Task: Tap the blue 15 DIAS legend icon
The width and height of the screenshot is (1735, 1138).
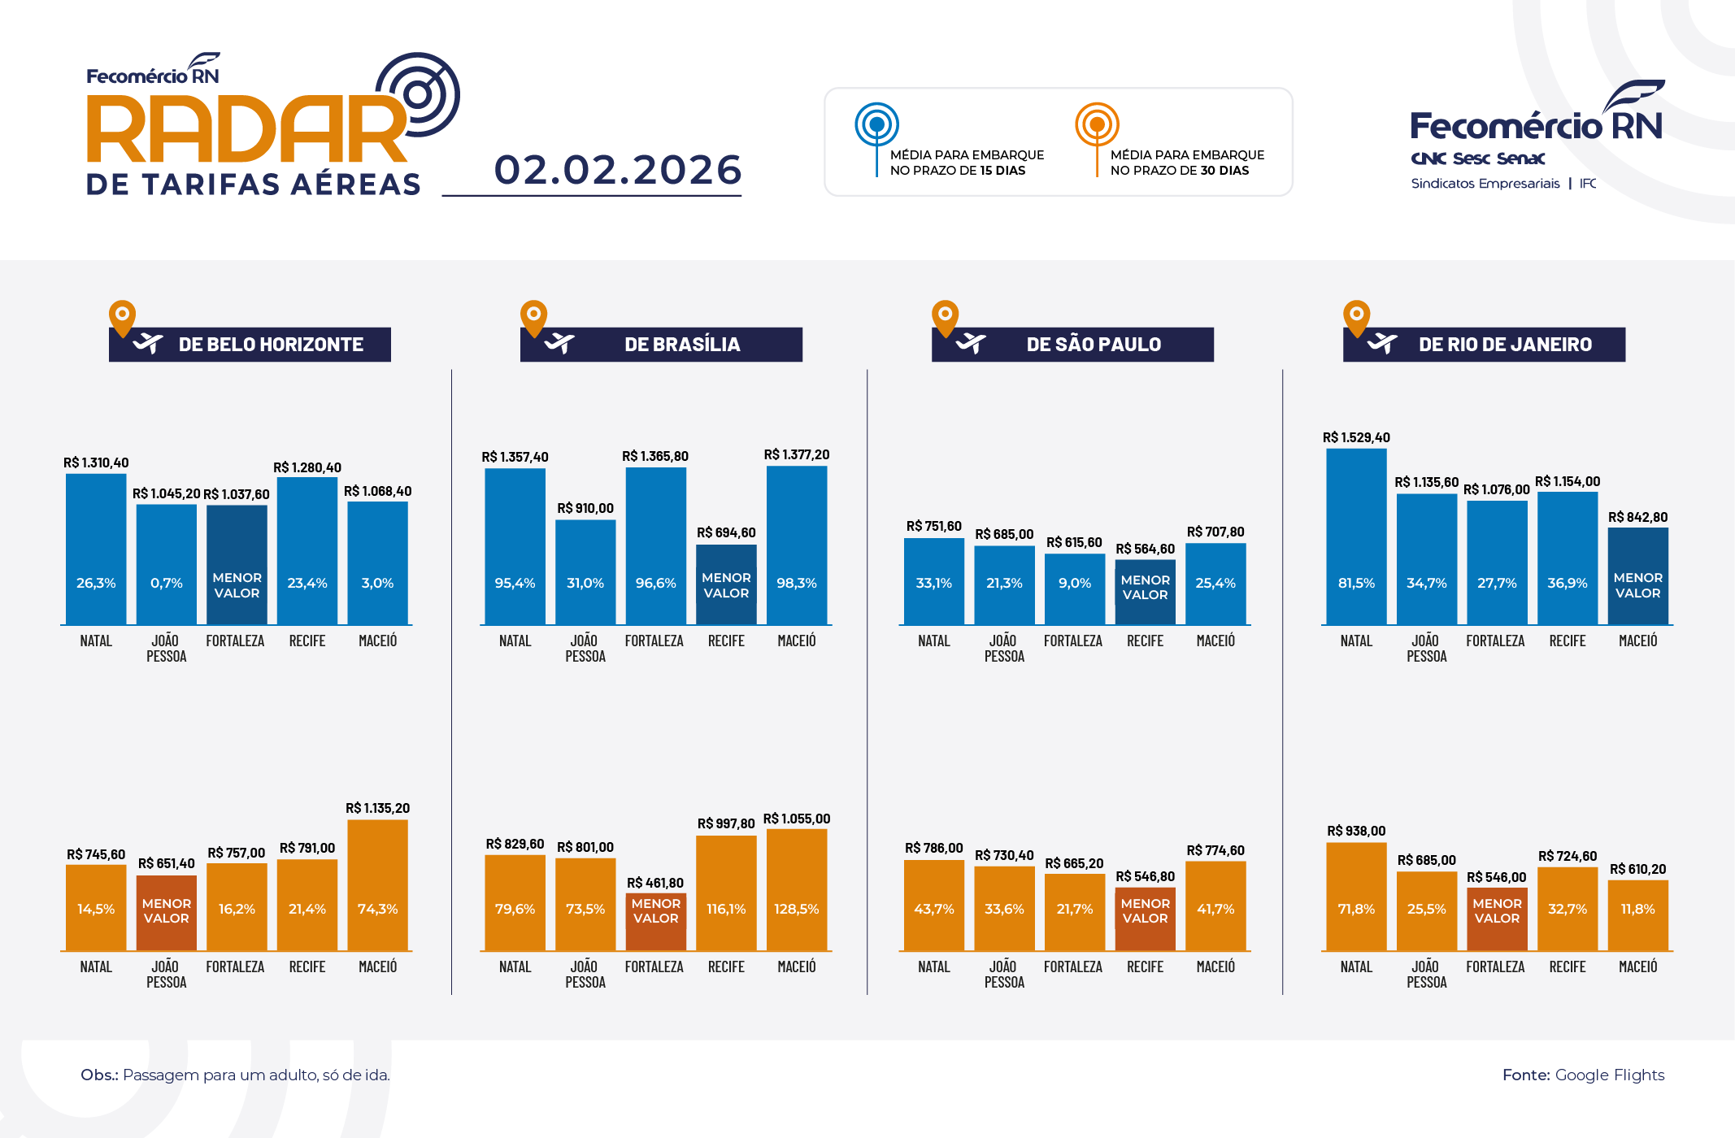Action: (x=876, y=125)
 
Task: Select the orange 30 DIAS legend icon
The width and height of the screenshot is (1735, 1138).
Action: (x=1097, y=125)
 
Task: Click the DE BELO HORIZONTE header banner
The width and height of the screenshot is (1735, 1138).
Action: (x=250, y=345)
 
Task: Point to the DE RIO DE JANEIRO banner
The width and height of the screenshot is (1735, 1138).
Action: (x=1485, y=345)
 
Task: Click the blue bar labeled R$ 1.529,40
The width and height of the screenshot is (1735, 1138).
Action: (x=1356, y=536)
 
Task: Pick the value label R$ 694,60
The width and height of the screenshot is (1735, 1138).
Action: (x=726, y=532)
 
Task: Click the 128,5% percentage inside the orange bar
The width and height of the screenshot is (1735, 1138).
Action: (x=797, y=909)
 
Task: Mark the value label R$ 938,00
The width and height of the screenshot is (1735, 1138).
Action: (x=1356, y=831)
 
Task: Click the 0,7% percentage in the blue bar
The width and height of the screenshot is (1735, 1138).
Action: (x=167, y=583)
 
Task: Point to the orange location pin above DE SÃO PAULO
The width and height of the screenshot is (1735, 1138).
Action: (x=945, y=317)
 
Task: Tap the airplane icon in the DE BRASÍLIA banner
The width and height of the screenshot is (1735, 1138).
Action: (x=559, y=344)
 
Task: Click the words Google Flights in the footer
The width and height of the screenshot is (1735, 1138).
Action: (x=1610, y=1075)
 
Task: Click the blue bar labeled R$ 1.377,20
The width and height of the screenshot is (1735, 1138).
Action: (x=797, y=545)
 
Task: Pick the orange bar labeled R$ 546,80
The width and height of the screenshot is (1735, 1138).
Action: (x=1145, y=919)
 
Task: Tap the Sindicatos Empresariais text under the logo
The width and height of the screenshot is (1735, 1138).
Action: (x=1485, y=184)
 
